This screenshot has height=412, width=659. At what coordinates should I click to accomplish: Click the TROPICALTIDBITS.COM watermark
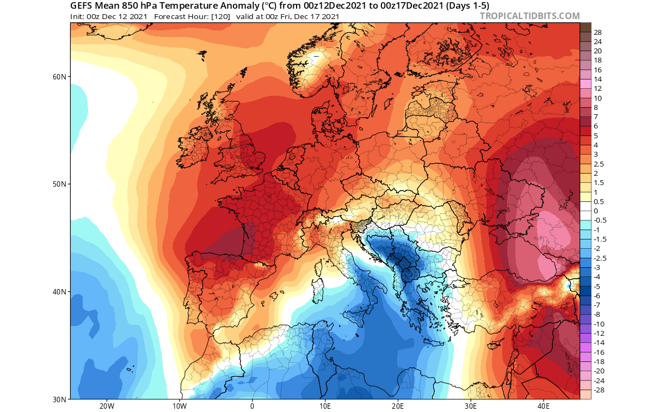pos(529,16)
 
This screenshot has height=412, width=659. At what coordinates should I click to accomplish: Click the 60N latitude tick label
pos(60,77)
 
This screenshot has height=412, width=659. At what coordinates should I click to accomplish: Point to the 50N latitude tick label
pos(60,184)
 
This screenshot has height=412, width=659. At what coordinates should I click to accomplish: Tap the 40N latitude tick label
pos(60,292)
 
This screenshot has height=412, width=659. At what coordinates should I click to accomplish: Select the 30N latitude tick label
pos(60,399)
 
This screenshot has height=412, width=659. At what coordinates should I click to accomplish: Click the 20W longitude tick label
pos(106,406)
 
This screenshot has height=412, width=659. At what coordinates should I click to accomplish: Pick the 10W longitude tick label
pos(179,406)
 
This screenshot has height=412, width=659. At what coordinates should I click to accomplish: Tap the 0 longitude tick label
pos(252,406)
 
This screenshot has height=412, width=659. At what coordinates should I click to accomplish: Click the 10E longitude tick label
pos(325,406)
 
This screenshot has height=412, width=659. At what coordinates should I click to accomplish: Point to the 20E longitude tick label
pos(397,406)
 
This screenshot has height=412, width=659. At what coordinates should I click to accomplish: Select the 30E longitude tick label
pos(470,406)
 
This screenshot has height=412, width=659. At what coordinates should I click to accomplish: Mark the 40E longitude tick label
pos(543,406)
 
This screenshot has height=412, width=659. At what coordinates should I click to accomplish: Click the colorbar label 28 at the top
pos(598,32)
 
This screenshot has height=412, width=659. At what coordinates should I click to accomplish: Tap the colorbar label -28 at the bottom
pos(599,390)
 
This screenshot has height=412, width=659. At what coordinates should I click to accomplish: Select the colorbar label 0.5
pos(598,201)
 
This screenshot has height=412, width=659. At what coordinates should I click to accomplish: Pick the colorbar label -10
pos(599,324)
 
